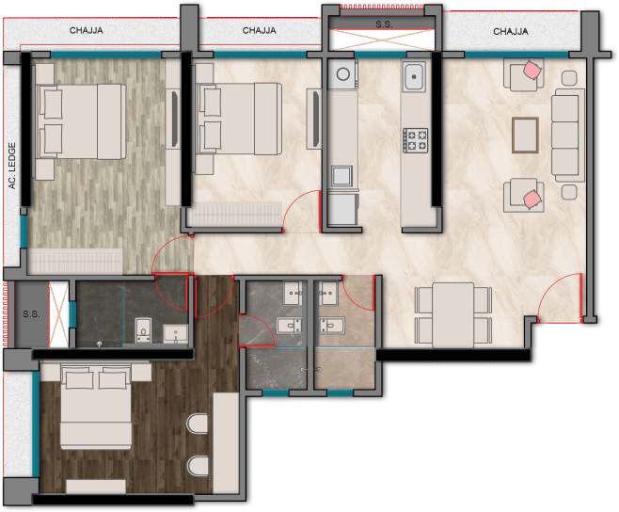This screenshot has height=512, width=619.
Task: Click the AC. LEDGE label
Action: tap(12, 166)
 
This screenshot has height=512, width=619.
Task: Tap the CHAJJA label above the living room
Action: tap(511, 31)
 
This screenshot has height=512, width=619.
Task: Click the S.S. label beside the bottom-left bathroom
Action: tap(31, 315)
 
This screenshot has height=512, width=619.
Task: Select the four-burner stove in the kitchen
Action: tap(415, 140)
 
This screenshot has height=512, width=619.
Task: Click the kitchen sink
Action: tap(414, 76)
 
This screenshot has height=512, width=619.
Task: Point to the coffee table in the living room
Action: tap(525, 136)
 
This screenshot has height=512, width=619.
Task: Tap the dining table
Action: tap(453, 315)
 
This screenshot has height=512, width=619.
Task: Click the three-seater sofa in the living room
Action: tap(567, 136)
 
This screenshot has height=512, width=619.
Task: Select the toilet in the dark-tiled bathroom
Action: tap(142, 329)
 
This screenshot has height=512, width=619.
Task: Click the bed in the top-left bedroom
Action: tap(81, 121)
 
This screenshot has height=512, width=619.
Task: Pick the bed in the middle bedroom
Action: tap(239, 119)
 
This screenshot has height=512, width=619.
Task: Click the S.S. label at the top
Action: tap(384, 24)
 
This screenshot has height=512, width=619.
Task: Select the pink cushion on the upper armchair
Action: tap(532, 71)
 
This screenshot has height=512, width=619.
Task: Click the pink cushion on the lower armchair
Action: tap(532, 199)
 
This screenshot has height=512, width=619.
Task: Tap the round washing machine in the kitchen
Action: tap(342, 74)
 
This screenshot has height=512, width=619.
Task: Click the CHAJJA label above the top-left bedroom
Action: tap(86, 30)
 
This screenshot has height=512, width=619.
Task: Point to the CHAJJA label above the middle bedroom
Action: tap(259, 30)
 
